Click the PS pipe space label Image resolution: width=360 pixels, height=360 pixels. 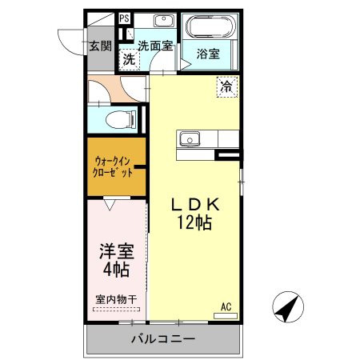[x=124, y=18]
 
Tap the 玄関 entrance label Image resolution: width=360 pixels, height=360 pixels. [x=100, y=46]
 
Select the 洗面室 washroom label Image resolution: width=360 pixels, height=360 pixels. [x=155, y=46]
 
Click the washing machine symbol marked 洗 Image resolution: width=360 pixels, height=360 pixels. [x=130, y=59]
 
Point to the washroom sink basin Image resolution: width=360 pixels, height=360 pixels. [x=164, y=20]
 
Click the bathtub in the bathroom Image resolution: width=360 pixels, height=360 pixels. [x=210, y=27]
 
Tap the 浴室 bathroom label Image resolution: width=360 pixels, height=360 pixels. [x=208, y=54]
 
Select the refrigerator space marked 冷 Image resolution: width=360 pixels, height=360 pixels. [x=227, y=86]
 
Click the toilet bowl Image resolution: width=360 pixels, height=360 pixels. [x=121, y=119]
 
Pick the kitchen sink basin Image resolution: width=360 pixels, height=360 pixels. [x=190, y=139]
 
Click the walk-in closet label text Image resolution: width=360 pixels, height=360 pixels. [x=113, y=167]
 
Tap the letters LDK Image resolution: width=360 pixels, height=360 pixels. [x=195, y=205]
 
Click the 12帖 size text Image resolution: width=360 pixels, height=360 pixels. [x=194, y=222]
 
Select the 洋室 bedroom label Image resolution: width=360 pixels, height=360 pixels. [x=117, y=251]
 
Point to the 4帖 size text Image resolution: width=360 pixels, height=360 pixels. [x=116, y=270]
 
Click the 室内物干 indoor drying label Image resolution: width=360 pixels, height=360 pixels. [x=116, y=299]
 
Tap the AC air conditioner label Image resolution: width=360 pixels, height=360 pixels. [x=226, y=306]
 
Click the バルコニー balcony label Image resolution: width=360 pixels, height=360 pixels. [x=163, y=339]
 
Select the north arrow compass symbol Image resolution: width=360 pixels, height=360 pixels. [x=288, y=306]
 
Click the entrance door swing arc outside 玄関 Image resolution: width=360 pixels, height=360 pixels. [x=66, y=46]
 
